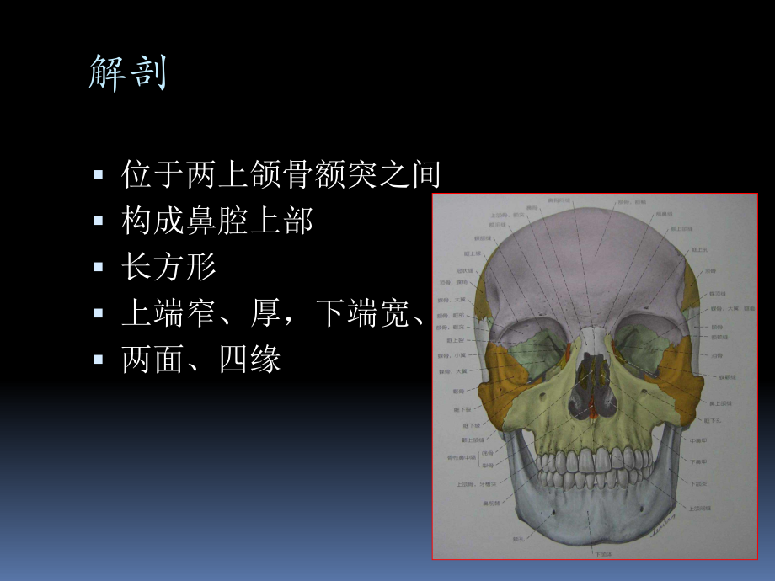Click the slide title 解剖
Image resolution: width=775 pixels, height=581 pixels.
pyautogui.click(x=128, y=74)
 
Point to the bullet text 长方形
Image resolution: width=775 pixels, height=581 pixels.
pyautogui.click(x=168, y=268)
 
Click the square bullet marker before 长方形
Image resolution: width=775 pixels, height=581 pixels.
pyautogui.click(x=99, y=268)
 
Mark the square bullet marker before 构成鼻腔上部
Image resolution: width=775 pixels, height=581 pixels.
pyautogui.click(x=99, y=222)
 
